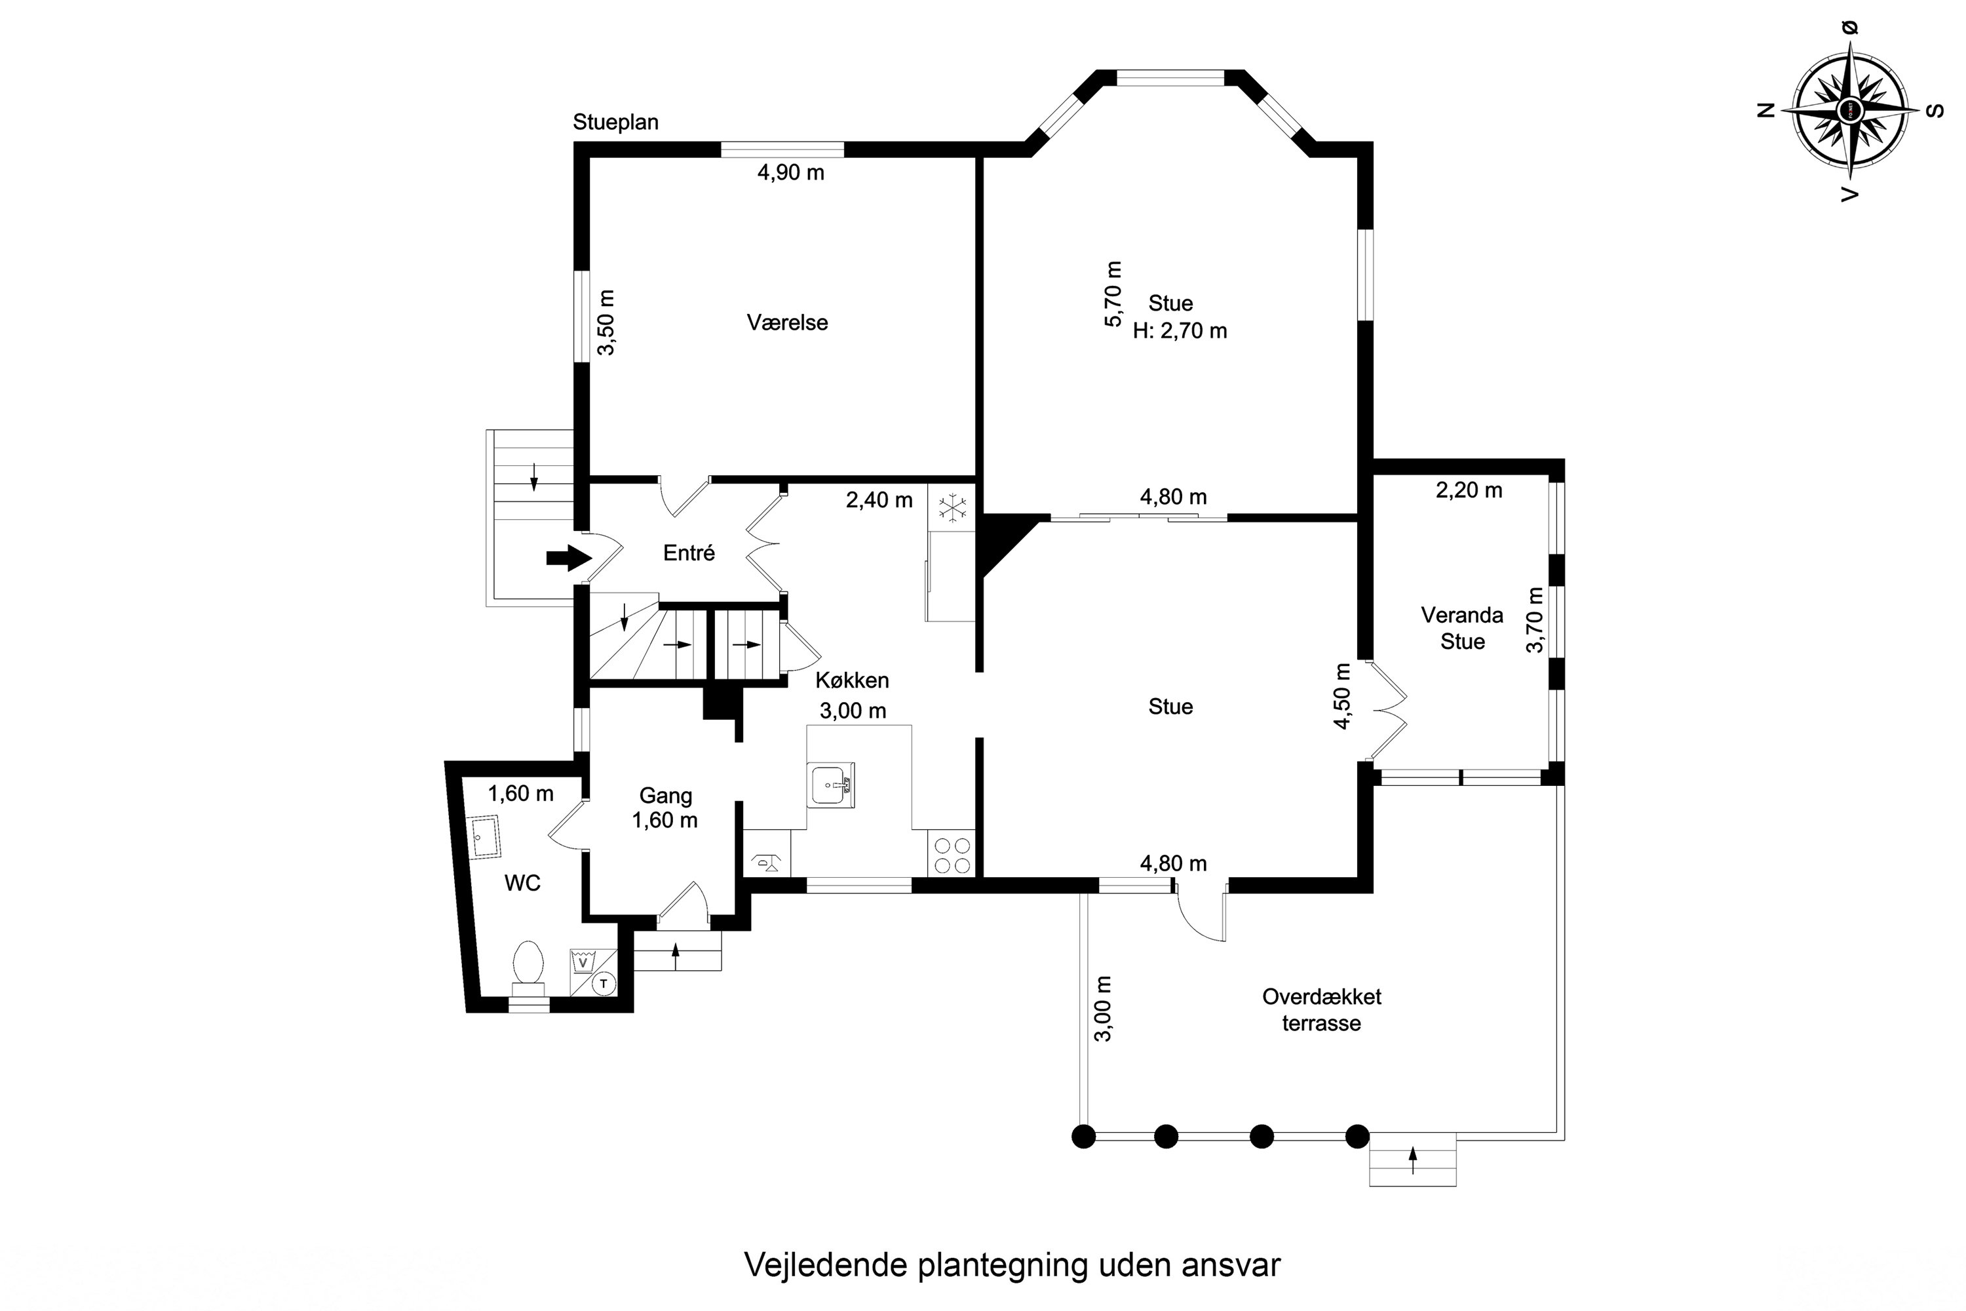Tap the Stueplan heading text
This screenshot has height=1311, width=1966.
coord(615,122)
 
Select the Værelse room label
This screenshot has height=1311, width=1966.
coord(788,323)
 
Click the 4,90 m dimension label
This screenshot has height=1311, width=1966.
coord(791,173)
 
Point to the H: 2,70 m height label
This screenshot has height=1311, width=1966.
coord(1180,331)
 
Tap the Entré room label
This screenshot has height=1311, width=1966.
coord(689,553)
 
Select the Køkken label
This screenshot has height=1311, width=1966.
coord(852,680)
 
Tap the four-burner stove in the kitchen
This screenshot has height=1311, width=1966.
coord(952,853)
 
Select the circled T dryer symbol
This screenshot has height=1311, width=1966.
coord(603,983)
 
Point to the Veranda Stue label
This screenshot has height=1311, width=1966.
coord(1462,629)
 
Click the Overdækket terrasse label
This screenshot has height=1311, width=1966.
coord(1322,1010)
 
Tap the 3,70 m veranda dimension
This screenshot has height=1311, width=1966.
coord(1535,619)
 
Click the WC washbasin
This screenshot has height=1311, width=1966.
coord(482,836)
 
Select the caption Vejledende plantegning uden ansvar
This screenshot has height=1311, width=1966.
coord(1012,1265)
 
